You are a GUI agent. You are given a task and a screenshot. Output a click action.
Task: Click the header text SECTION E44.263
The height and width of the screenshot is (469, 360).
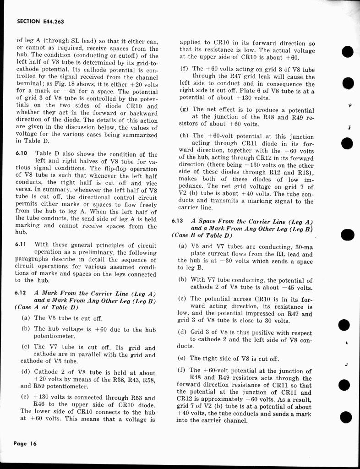coord(39,21)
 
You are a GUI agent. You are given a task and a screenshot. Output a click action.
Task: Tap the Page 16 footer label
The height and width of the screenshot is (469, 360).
coord(25,443)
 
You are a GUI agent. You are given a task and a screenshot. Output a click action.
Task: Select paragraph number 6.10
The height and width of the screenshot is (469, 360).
coord(22,154)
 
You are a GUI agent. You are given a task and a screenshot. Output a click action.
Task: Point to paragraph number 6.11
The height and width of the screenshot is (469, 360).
coord(21,245)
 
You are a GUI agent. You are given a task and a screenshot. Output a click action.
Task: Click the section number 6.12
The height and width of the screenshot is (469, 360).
coord(21,293)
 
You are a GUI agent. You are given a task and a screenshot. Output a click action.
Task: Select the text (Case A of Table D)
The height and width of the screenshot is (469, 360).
coord(47,307)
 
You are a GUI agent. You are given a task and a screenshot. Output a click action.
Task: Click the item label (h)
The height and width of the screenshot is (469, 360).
coord(184,136)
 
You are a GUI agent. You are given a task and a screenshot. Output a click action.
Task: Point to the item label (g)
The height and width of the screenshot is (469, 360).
coord(184,109)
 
